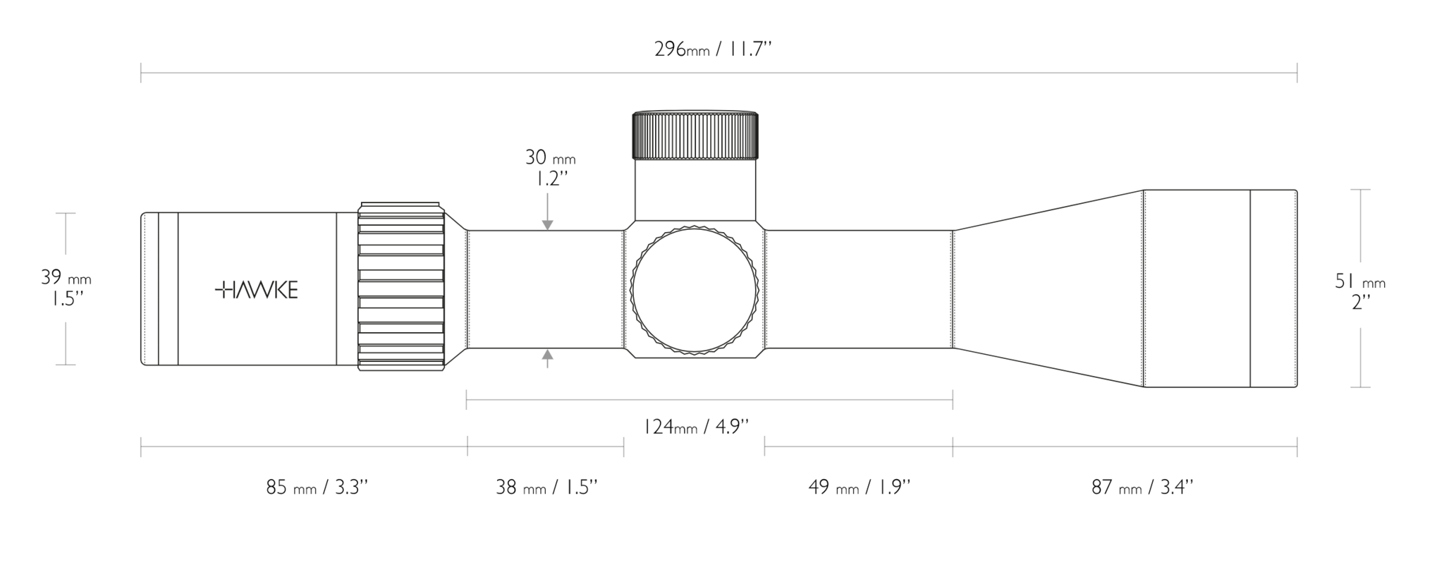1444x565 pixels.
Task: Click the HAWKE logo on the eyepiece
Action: [257, 289]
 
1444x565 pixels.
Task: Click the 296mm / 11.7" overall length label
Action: [713, 49]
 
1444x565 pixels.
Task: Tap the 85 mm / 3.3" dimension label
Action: [317, 487]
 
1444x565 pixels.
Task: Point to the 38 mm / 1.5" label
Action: [546, 487]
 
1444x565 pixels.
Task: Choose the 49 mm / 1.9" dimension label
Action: [859, 487]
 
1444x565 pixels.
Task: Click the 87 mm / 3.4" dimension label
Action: [1142, 487]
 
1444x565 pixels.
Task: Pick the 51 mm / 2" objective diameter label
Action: [1360, 291]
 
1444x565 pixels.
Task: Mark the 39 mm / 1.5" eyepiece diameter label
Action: [66, 288]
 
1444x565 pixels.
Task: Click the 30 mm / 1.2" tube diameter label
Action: [550, 167]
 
